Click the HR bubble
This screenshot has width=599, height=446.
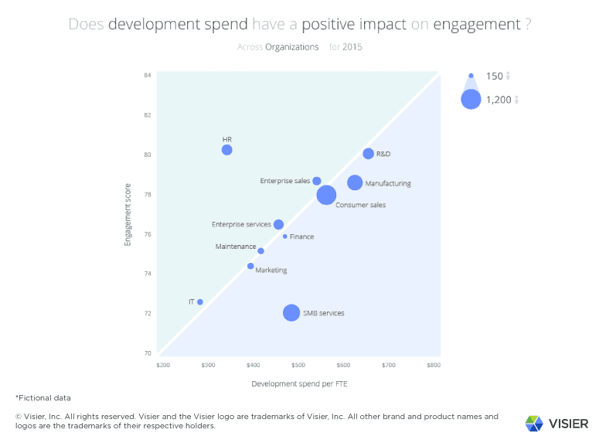click(226, 150)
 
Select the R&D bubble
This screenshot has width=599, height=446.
click(368, 154)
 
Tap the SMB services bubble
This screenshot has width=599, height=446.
click(291, 312)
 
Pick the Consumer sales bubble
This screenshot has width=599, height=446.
click(326, 195)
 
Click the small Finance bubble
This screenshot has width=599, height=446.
click(285, 237)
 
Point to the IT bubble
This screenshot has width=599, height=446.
click(200, 302)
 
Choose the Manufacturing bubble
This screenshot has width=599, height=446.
click(355, 182)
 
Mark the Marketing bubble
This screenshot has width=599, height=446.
click(250, 266)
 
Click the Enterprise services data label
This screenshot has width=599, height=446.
click(241, 225)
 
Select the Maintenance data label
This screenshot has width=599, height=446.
click(236, 247)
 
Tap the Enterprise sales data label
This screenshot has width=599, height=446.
click(285, 181)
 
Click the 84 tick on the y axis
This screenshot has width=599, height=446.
click(147, 76)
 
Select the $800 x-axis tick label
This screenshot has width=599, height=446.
click(434, 364)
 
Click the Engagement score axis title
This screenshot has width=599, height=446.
click(128, 215)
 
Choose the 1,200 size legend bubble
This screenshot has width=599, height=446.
click(471, 99)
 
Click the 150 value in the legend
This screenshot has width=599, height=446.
click(494, 76)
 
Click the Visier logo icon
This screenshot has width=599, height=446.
click(534, 423)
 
